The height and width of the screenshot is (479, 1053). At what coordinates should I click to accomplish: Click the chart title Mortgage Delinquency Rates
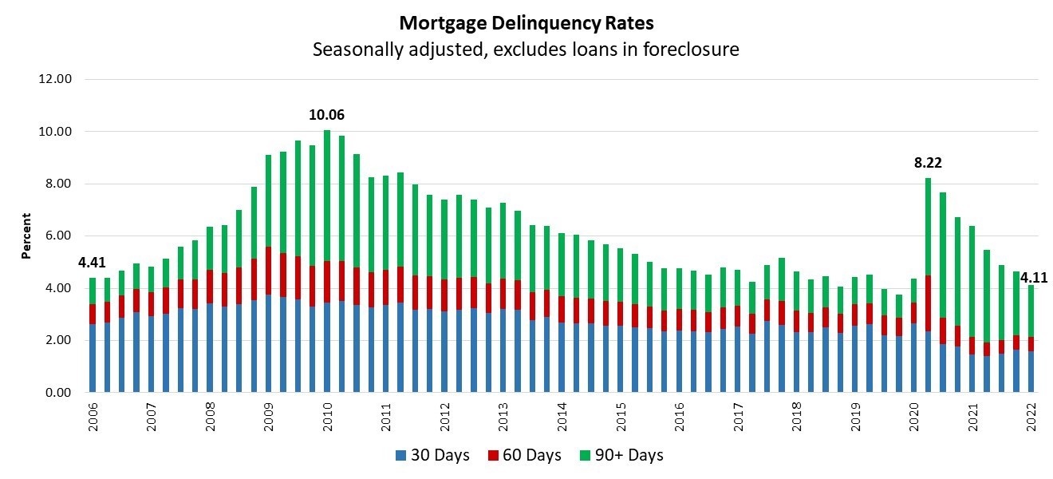point(526,22)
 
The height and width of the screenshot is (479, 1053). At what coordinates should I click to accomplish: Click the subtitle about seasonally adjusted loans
point(526,49)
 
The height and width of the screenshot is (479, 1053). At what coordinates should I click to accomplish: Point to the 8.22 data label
point(928,163)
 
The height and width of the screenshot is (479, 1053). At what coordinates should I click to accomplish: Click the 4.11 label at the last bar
point(1034,278)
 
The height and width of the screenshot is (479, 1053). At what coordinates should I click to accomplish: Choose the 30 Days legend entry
point(432,456)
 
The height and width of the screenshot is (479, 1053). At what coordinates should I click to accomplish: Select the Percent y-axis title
point(26,236)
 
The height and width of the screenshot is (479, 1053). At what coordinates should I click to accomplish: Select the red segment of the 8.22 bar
point(928,303)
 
